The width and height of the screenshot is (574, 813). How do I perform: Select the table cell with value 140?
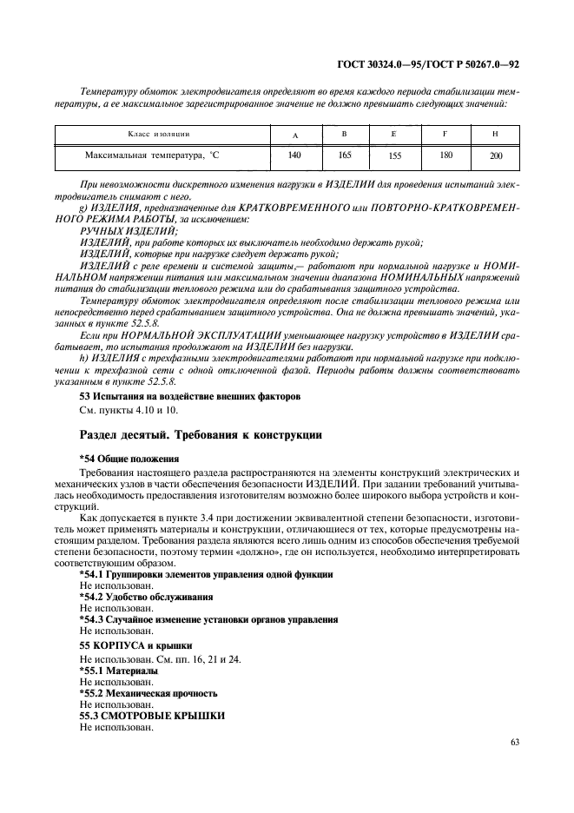point(294,156)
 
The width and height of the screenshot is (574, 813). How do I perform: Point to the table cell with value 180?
point(445,156)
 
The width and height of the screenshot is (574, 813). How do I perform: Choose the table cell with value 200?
point(496,157)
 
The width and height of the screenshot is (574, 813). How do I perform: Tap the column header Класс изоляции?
point(154,134)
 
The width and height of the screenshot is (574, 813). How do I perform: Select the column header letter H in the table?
point(495,134)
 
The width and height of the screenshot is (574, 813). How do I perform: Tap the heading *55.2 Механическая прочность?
point(148,693)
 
